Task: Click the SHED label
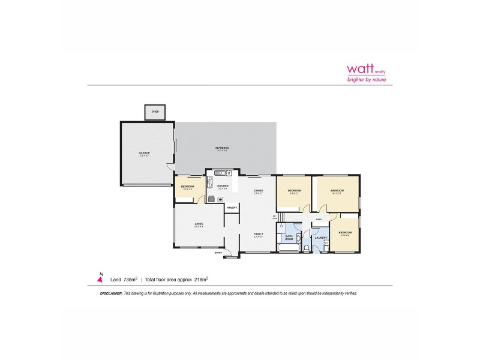click(155, 112)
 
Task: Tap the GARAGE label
click(145, 153)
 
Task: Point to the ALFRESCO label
click(223, 148)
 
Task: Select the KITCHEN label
click(223, 186)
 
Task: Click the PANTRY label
click(232, 208)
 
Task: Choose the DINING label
click(259, 191)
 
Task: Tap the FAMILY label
click(259, 233)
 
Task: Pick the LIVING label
click(199, 224)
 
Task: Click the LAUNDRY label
click(320, 238)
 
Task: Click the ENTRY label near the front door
click(218, 253)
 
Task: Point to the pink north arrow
click(100, 278)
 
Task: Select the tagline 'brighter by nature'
click(367, 79)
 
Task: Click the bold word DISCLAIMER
click(110, 293)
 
